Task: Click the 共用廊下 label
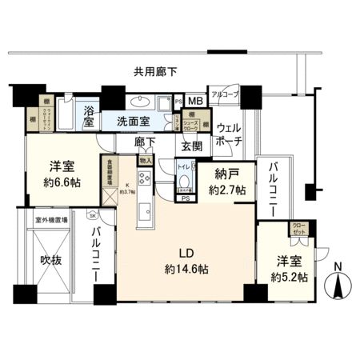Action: pos(156,73)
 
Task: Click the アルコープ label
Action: pos(224,93)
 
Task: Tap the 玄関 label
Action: pos(191,146)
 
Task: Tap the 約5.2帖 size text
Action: pos(290,276)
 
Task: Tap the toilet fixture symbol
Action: pos(183,173)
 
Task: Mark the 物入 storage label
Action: pos(145,160)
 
